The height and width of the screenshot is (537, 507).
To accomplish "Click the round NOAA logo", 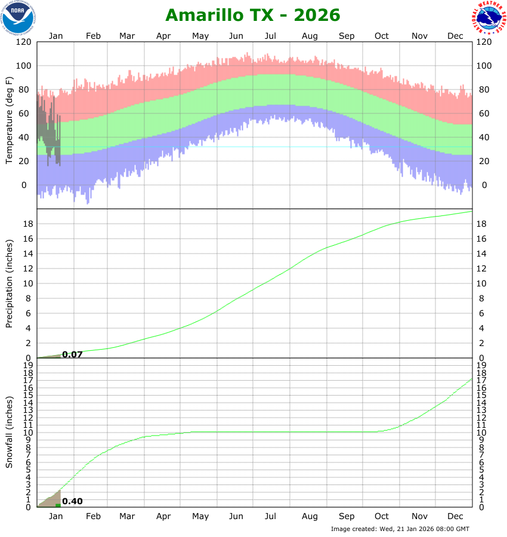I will click(18, 17).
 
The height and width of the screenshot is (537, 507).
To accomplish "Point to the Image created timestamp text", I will click(400, 529).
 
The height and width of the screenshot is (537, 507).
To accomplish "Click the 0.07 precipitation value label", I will click(72, 354).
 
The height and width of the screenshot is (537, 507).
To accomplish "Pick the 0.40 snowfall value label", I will click(72, 501).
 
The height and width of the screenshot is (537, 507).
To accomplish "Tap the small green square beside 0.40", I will click(57, 505).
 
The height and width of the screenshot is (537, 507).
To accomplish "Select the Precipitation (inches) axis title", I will click(9, 284).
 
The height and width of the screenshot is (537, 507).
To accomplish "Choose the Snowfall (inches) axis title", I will click(9, 433).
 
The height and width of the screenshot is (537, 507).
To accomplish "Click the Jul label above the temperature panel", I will click(272, 36).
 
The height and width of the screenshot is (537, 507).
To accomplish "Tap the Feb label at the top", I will click(93, 36).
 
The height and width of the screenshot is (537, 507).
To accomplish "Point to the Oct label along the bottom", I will click(381, 516).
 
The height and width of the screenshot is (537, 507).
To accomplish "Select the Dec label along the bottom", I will click(455, 516).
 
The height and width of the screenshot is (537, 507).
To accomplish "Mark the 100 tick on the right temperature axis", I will click(484, 66).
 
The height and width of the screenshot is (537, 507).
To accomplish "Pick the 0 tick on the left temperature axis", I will click(24, 185).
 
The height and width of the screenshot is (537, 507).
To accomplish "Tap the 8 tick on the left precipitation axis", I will click(27, 298).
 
